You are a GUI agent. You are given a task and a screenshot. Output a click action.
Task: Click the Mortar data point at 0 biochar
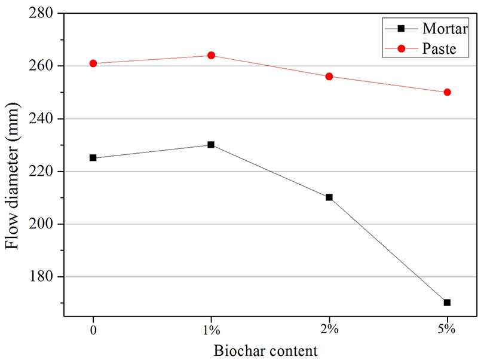tap(93, 158)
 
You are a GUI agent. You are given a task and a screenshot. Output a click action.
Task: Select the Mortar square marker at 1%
tap(211, 145)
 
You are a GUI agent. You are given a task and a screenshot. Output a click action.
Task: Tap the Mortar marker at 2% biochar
tap(329, 197)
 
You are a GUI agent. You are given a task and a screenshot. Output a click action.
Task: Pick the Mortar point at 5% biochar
tap(447, 303)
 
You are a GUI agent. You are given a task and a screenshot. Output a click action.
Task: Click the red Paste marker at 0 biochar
tap(93, 63)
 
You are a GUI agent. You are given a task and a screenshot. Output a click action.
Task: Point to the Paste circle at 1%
tap(211, 56)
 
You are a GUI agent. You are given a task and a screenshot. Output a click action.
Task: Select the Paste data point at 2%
tap(329, 77)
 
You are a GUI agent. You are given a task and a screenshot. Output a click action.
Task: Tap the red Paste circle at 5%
tap(447, 92)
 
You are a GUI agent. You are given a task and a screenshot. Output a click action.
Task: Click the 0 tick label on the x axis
tap(93, 329)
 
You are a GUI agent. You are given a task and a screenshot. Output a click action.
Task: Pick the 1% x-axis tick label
tap(211, 329)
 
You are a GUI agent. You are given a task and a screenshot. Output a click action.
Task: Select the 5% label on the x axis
tap(447, 329)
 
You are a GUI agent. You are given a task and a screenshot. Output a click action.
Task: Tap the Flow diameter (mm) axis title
tap(13, 163)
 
